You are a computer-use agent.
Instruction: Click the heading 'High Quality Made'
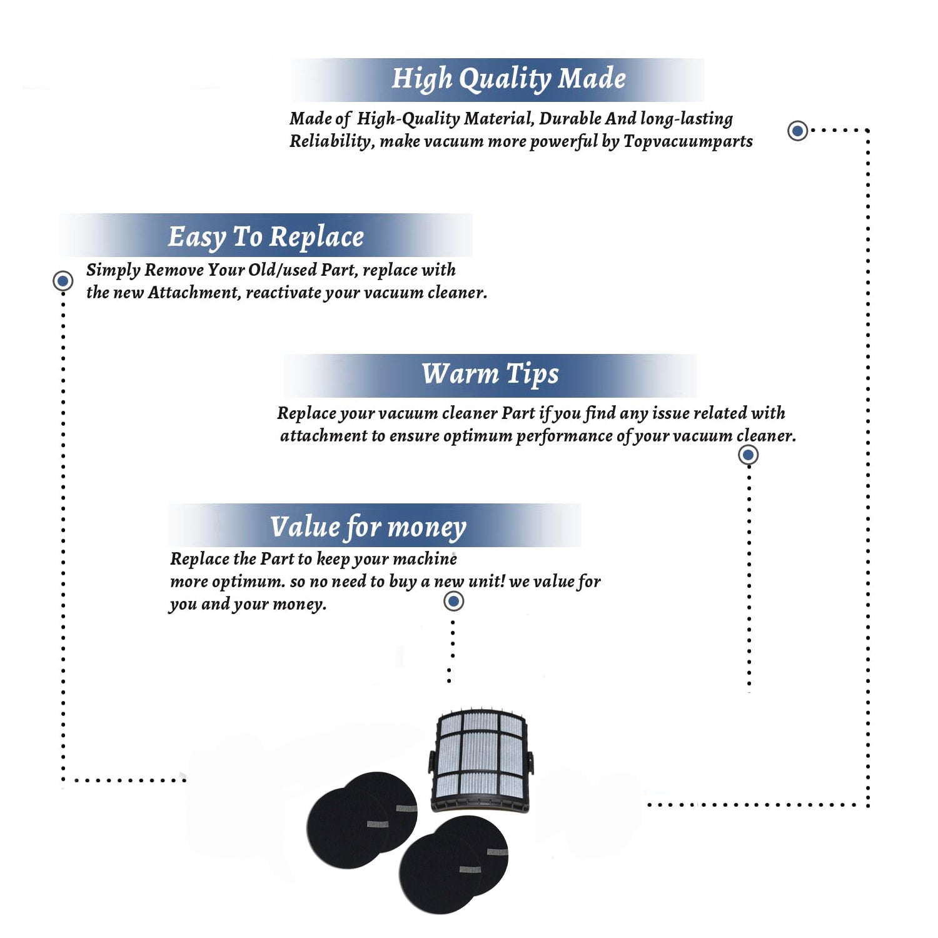(x=508, y=79)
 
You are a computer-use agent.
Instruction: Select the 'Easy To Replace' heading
(x=266, y=237)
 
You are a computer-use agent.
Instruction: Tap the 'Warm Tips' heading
(x=490, y=374)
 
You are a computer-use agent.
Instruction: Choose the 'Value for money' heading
(x=368, y=527)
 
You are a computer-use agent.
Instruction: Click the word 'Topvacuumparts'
(x=688, y=141)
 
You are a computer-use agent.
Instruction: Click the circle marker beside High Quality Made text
(x=797, y=131)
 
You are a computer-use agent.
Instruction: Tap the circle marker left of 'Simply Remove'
(x=63, y=281)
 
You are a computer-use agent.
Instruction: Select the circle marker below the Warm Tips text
(x=748, y=455)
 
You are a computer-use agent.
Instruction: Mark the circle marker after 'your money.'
(x=453, y=602)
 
